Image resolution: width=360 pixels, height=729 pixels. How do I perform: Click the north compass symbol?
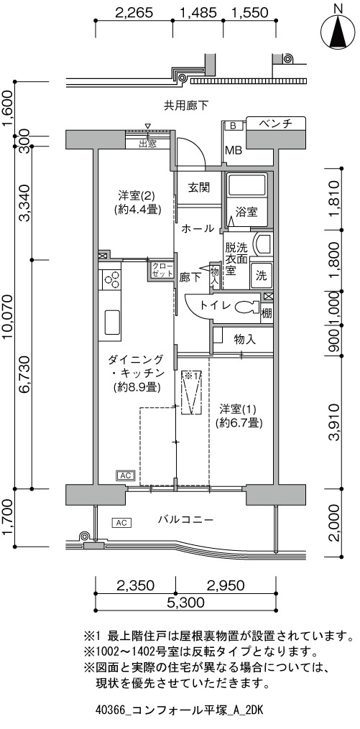click(x=338, y=31)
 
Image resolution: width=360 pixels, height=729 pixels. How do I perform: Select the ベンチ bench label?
click(x=275, y=124)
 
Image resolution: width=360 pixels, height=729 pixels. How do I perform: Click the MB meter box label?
click(x=234, y=150)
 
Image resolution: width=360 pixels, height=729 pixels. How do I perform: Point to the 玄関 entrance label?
click(x=198, y=187)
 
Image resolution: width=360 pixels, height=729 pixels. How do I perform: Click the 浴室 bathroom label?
click(x=246, y=212)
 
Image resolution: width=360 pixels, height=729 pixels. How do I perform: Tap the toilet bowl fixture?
click(x=247, y=307)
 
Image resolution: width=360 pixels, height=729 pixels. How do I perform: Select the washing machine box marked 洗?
click(x=261, y=276)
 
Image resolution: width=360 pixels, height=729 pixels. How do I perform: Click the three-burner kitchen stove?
click(x=111, y=280)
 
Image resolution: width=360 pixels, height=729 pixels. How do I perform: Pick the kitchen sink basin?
click(x=112, y=321)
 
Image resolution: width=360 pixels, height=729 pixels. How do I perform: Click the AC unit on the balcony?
click(x=121, y=523)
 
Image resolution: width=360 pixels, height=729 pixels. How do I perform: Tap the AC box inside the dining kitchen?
click(x=125, y=475)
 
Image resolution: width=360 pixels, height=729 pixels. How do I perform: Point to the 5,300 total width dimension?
click(x=187, y=603)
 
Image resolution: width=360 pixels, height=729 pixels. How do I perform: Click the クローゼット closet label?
click(x=160, y=270)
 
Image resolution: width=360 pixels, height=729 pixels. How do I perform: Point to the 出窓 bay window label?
click(x=147, y=144)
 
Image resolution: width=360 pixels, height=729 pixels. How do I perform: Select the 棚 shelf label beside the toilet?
click(x=266, y=313)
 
